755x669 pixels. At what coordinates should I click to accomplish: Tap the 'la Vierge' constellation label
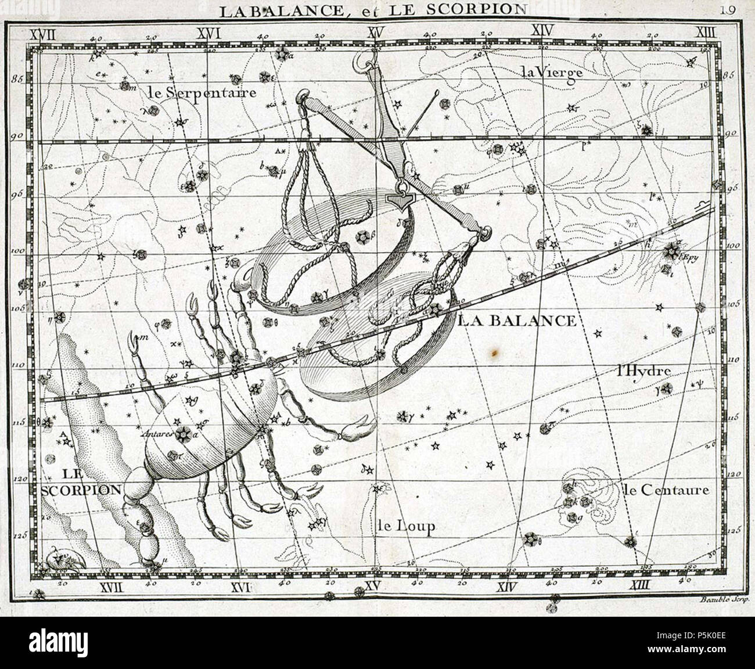click(551, 73)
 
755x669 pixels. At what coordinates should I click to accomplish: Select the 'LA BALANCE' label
click(517, 321)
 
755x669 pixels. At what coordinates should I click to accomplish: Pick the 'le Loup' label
click(405, 527)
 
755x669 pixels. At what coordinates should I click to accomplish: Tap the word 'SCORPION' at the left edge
click(81, 490)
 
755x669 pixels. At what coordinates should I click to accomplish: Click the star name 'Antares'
click(158, 433)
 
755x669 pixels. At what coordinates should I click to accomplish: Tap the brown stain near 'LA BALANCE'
click(494, 352)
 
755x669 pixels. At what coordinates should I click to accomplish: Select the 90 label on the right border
click(731, 133)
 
